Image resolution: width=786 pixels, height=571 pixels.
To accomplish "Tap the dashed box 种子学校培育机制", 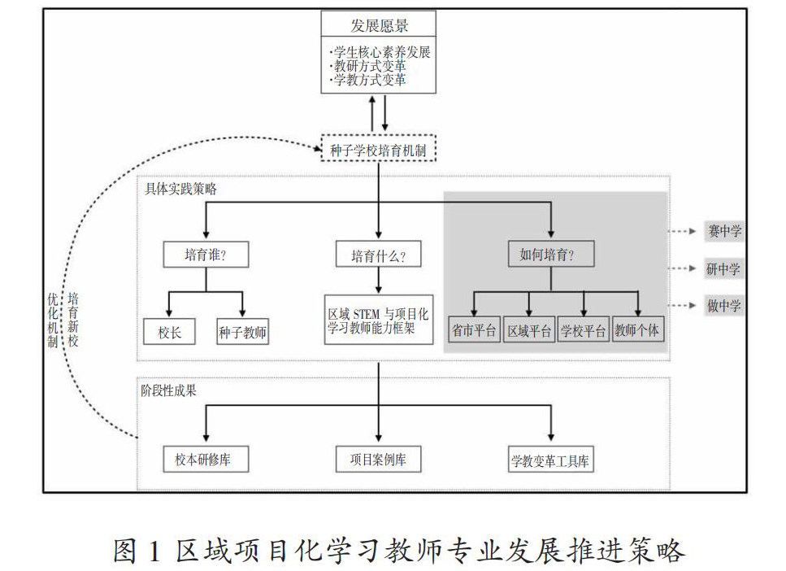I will click(x=379, y=149).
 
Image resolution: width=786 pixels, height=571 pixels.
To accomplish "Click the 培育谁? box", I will click(x=205, y=255).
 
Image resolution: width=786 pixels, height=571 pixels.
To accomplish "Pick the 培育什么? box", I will click(x=379, y=255).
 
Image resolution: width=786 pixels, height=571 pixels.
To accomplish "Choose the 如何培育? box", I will click(x=550, y=255).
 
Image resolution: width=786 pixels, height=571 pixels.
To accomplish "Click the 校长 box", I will click(x=168, y=331).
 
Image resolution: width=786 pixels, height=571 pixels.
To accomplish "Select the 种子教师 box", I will click(x=242, y=331).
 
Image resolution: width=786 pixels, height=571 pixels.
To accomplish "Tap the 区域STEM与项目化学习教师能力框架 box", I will click(x=379, y=319).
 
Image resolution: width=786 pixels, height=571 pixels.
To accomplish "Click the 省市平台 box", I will click(x=474, y=331).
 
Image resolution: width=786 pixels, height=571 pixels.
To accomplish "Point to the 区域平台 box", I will click(x=529, y=331).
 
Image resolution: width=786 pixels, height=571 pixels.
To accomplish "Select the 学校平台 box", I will click(x=583, y=331).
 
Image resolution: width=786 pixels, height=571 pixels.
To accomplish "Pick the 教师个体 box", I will click(x=638, y=331).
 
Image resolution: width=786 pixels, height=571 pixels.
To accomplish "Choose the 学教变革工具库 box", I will click(x=550, y=461).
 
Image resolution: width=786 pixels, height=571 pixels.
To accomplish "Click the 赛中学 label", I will click(x=723, y=232).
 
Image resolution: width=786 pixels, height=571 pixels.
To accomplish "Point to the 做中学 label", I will click(x=723, y=307).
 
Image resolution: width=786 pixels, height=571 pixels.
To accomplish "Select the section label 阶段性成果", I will click(x=168, y=390).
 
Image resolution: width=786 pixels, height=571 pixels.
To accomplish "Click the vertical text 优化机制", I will click(x=54, y=320).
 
